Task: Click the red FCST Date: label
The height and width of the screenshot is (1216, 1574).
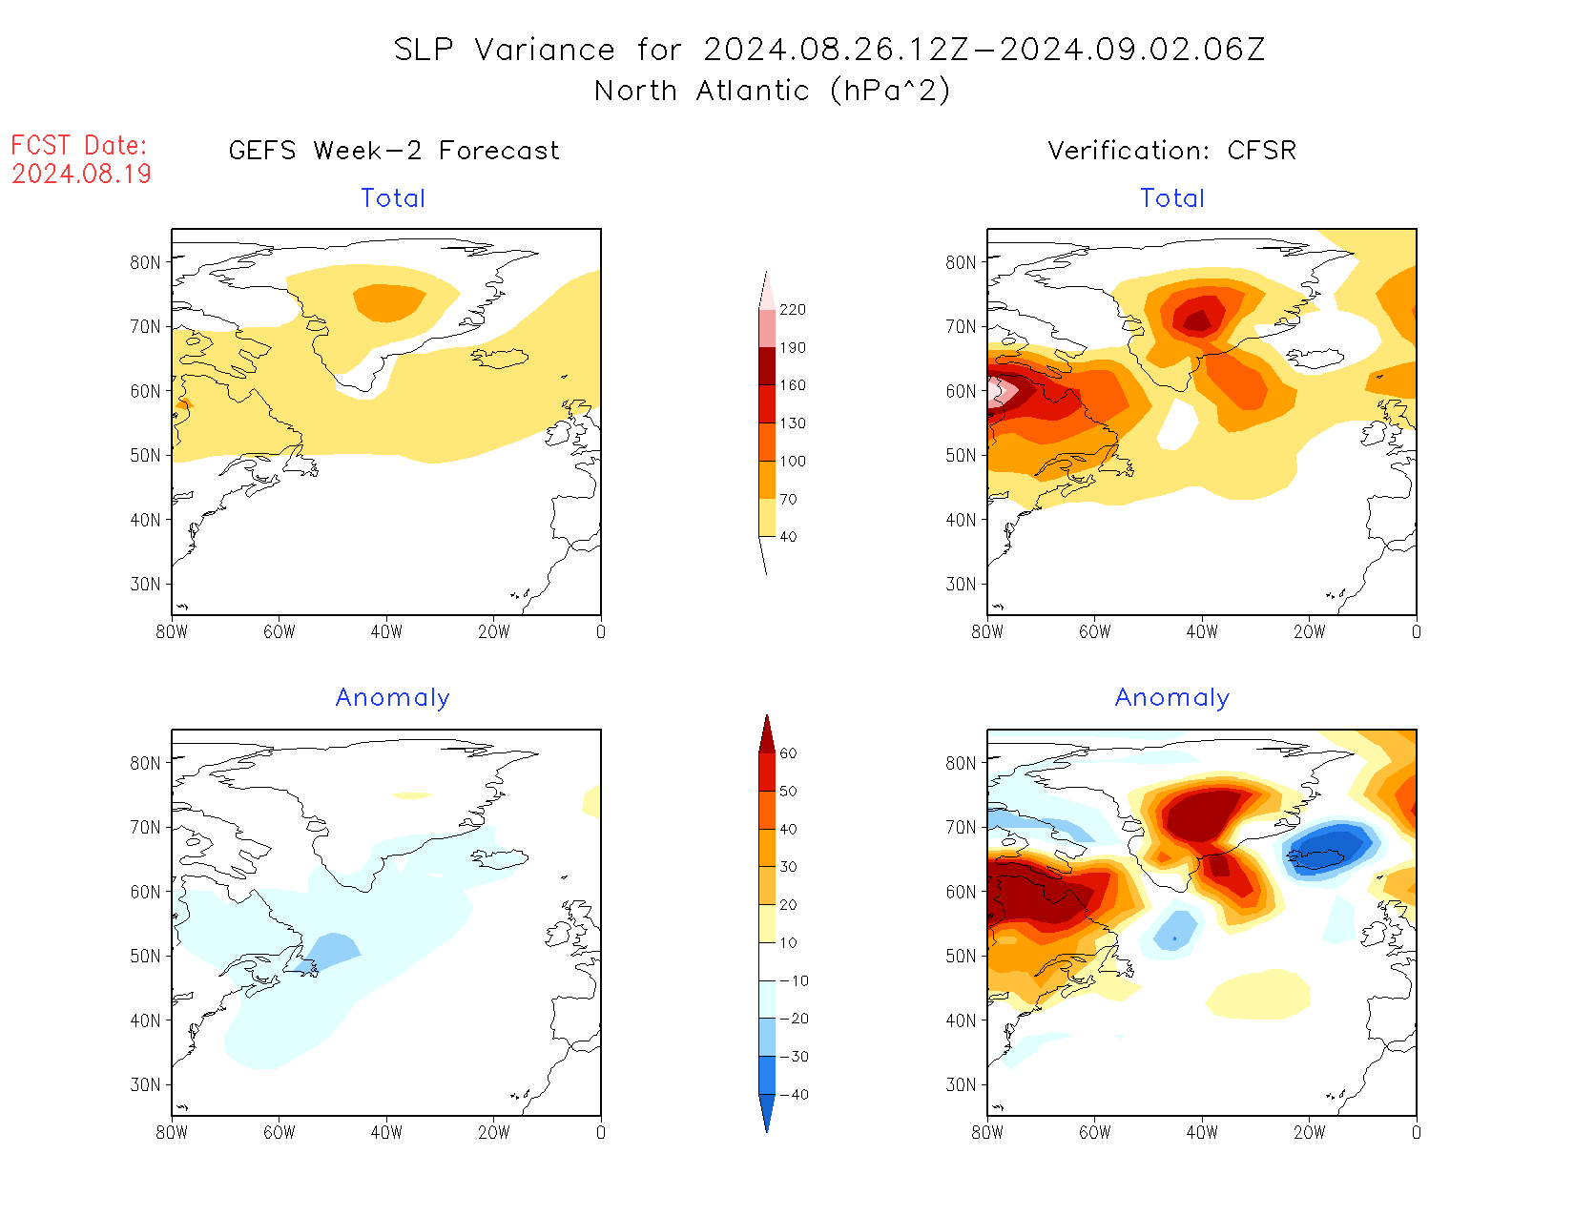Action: tap(79, 146)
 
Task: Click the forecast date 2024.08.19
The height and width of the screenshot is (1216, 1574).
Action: tap(82, 175)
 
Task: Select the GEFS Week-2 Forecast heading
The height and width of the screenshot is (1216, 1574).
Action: tap(394, 151)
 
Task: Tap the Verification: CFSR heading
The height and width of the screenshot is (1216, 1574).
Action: tap(1171, 151)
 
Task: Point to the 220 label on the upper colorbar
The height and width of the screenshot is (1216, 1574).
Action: tap(792, 310)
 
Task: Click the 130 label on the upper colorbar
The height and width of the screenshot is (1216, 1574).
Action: tap(792, 423)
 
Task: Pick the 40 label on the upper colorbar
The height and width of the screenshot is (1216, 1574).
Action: tap(788, 537)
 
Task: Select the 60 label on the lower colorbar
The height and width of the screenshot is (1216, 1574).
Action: tap(788, 753)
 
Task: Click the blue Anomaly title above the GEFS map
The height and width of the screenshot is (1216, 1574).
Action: tap(392, 698)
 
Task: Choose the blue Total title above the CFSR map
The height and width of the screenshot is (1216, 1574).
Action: tap(1172, 198)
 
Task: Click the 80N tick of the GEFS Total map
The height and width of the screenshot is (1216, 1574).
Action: tap(146, 262)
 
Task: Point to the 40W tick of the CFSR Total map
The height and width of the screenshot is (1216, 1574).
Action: tap(1202, 631)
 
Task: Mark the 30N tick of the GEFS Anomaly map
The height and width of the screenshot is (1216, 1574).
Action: tap(146, 1084)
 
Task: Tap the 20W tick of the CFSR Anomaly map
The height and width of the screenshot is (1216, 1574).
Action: tap(1309, 1132)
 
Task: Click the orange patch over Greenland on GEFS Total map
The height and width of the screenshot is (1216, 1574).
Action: tap(389, 302)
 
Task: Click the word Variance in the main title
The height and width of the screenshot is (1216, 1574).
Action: tap(545, 50)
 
